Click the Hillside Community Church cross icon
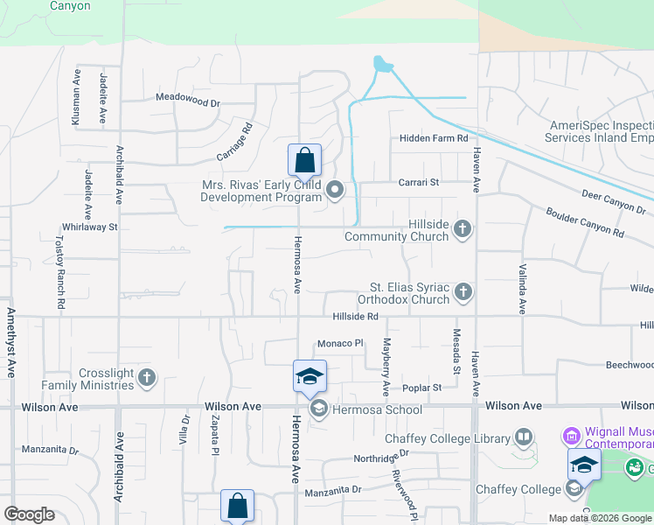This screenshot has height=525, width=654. click(x=463, y=230)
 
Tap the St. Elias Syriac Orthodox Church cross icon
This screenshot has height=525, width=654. click(x=463, y=292)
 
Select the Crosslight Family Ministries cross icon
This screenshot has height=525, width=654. click(x=147, y=378)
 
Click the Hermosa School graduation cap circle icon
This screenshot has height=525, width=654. click(x=318, y=409)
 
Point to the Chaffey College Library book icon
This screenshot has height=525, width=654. click(x=524, y=436)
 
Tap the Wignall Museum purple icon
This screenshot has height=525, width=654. click(x=573, y=435)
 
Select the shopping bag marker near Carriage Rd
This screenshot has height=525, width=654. click(x=304, y=161)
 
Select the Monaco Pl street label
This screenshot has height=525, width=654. click(x=339, y=344)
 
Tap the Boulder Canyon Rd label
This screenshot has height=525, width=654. click(x=585, y=222)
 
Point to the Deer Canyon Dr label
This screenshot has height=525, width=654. click(x=612, y=201)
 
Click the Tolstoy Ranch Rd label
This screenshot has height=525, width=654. click(x=61, y=271)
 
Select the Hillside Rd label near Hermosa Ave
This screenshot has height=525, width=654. click(x=354, y=317)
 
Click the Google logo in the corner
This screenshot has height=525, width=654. click(x=30, y=514)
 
